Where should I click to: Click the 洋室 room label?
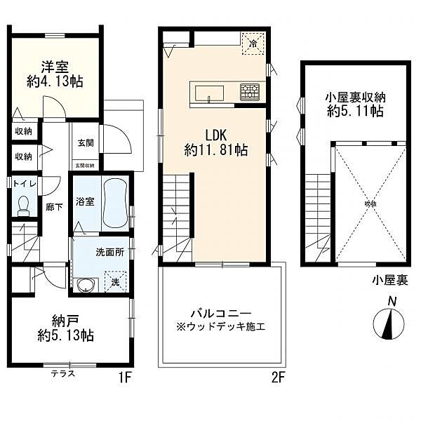coord(54,67)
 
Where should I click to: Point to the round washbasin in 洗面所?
coord(86,285)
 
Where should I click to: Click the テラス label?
coord(63,374)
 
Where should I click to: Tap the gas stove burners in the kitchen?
coord(250,92)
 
